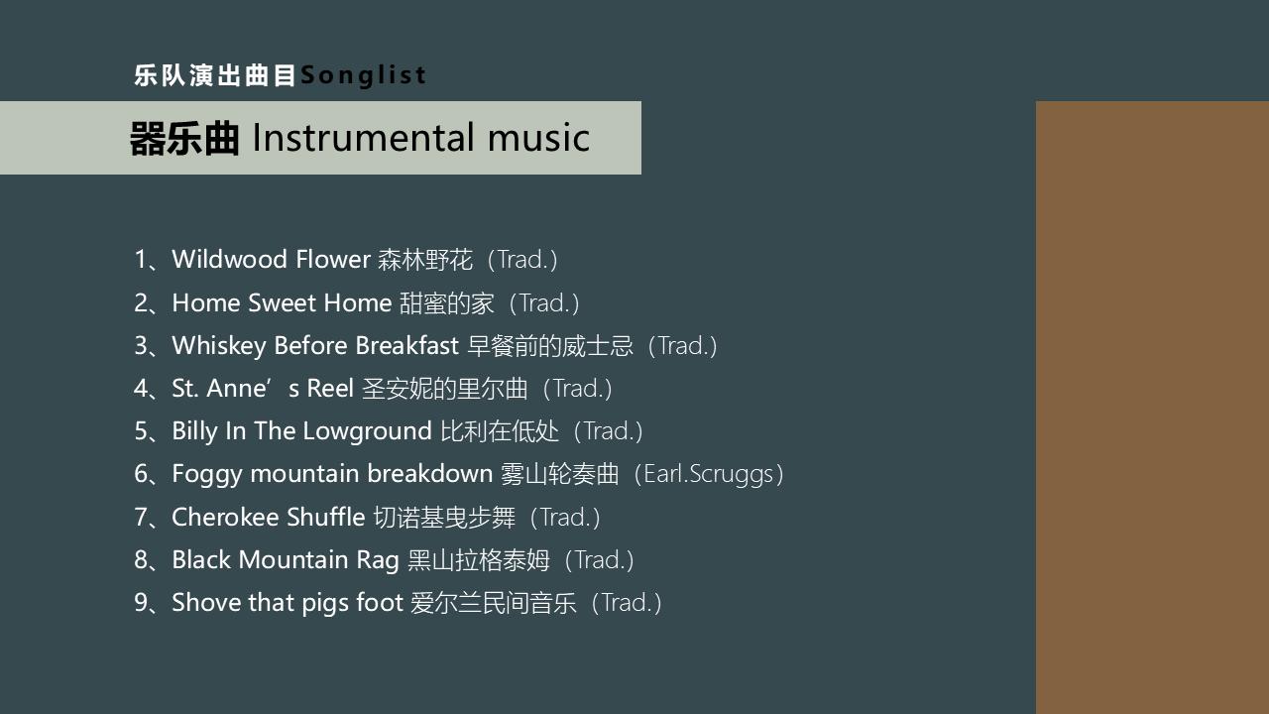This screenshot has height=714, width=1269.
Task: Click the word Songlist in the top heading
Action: [363, 75]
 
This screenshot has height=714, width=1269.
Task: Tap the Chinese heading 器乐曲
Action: [184, 138]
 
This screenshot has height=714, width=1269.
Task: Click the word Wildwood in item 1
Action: [229, 259]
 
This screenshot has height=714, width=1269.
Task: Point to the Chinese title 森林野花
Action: [425, 260]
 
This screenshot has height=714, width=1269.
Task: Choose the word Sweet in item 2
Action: [282, 302]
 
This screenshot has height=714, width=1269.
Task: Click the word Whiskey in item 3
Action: [219, 346]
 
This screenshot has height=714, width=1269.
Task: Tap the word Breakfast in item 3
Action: [406, 345]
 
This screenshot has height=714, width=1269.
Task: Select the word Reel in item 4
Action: [330, 388]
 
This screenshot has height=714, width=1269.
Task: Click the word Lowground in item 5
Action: [367, 431]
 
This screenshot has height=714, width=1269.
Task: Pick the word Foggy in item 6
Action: [207, 474]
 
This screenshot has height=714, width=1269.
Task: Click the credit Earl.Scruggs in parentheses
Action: [709, 474]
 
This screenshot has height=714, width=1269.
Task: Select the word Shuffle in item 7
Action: [326, 517]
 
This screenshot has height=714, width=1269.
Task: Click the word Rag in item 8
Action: [378, 560]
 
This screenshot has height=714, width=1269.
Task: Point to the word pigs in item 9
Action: [325, 603]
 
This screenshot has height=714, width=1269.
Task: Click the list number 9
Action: [141, 602]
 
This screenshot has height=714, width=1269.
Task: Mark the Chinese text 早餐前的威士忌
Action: [550, 346]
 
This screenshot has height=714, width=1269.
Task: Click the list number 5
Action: [141, 431]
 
